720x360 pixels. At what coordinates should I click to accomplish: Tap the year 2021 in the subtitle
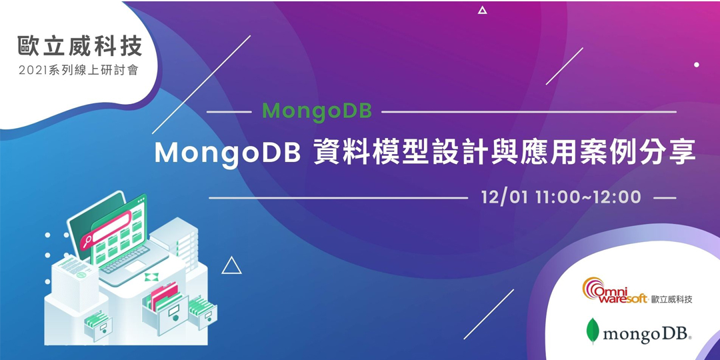(x=33, y=71)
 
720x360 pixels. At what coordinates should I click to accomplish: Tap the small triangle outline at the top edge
(x=483, y=10)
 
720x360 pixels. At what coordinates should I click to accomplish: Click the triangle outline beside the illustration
(x=231, y=266)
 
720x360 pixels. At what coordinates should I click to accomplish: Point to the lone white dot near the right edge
(x=697, y=65)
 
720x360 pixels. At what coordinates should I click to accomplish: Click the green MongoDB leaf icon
(x=591, y=331)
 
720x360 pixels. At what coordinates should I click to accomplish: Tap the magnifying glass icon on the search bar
(x=87, y=241)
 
